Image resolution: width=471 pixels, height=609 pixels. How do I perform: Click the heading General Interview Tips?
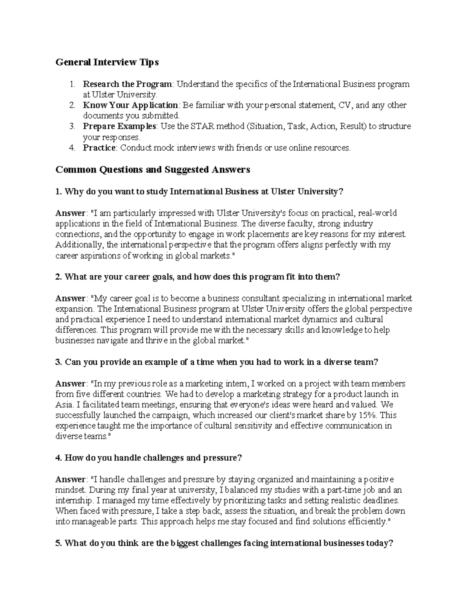coord(107,62)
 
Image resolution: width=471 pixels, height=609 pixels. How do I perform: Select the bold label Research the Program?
coord(127,84)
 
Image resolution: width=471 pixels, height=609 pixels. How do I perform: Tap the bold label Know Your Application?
coord(130,105)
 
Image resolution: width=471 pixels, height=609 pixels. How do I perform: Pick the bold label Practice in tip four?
coord(99,147)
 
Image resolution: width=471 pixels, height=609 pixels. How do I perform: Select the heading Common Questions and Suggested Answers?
coord(153,169)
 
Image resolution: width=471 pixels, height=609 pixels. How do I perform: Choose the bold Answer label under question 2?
coord(70,298)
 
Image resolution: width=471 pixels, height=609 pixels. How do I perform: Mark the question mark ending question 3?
coord(376,362)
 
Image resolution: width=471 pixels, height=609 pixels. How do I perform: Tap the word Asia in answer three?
coord(62,404)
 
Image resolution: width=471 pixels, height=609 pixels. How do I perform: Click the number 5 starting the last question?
coord(58,543)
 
